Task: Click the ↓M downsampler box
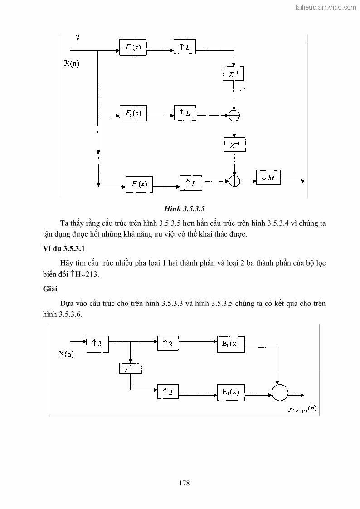pos(268,178)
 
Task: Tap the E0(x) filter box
pos(231,344)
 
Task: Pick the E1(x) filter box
pos(231,392)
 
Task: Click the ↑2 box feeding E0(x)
pos(167,344)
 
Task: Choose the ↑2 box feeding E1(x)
pos(167,392)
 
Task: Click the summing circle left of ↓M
pos(234,181)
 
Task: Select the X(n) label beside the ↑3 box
pos(66,354)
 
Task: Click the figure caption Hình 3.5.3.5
pos(185,209)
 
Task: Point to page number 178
pos(184,483)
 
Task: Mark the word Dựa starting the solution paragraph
pos(66,303)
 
